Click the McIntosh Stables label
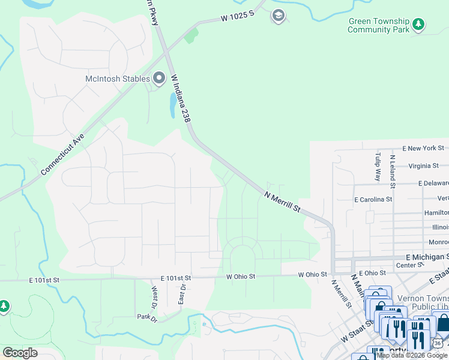pyautogui.click(x=116, y=78)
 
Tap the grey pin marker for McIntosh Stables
pyautogui.click(x=159, y=78)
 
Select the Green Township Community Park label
pyautogui.click(x=378, y=25)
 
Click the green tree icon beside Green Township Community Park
pyautogui.click(x=419, y=25)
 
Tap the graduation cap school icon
pyautogui.click(x=278, y=16)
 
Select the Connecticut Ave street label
pyautogui.click(x=63, y=154)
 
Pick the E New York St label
pyautogui.click(x=424, y=148)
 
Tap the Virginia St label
pyautogui.click(x=423, y=166)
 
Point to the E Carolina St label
pyautogui.click(x=373, y=199)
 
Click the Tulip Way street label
pyautogui.click(x=378, y=166)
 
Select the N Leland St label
pyautogui.click(x=392, y=169)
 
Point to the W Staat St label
pyautogui.click(x=354, y=331)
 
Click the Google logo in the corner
pyautogui.click(x=20, y=353)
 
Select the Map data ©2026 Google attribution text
pyautogui.click(x=412, y=355)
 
